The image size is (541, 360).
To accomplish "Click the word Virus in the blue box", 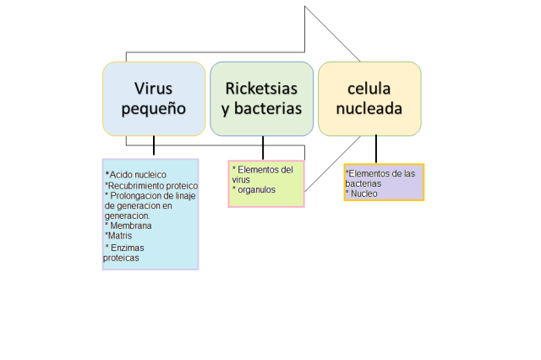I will click(153, 88).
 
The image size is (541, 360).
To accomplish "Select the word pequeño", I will click(153, 109).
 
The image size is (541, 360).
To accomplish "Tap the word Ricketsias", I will click(263, 88).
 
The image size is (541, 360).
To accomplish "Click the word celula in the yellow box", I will click(369, 88).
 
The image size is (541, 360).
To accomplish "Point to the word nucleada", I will click(369, 109).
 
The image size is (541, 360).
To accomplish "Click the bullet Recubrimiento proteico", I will click(151, 185).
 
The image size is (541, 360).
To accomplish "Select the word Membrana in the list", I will click(130, 226).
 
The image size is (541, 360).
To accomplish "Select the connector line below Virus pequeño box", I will click(154, 146).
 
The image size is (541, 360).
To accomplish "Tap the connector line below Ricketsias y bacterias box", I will click(263, 148).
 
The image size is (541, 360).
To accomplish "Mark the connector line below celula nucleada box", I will click(376, 150).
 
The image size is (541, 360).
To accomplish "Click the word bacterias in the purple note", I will click(363, 183).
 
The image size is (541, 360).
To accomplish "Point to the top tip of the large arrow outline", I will click(305, 8).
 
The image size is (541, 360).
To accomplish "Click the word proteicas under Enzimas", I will click(121, 258).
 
